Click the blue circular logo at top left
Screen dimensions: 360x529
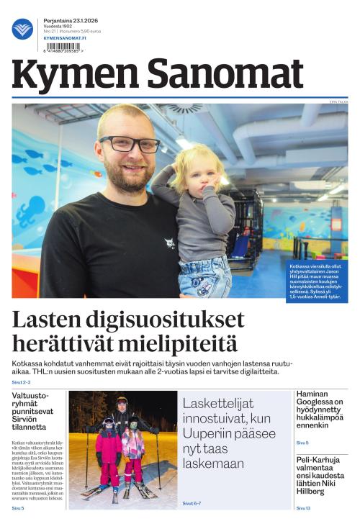click(22, 29)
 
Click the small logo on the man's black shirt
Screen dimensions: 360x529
click(169, 243)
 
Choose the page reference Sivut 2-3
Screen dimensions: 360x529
click(21, 382)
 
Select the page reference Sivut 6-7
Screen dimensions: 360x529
click(192, 503)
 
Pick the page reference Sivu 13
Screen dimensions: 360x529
click(303, 508)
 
